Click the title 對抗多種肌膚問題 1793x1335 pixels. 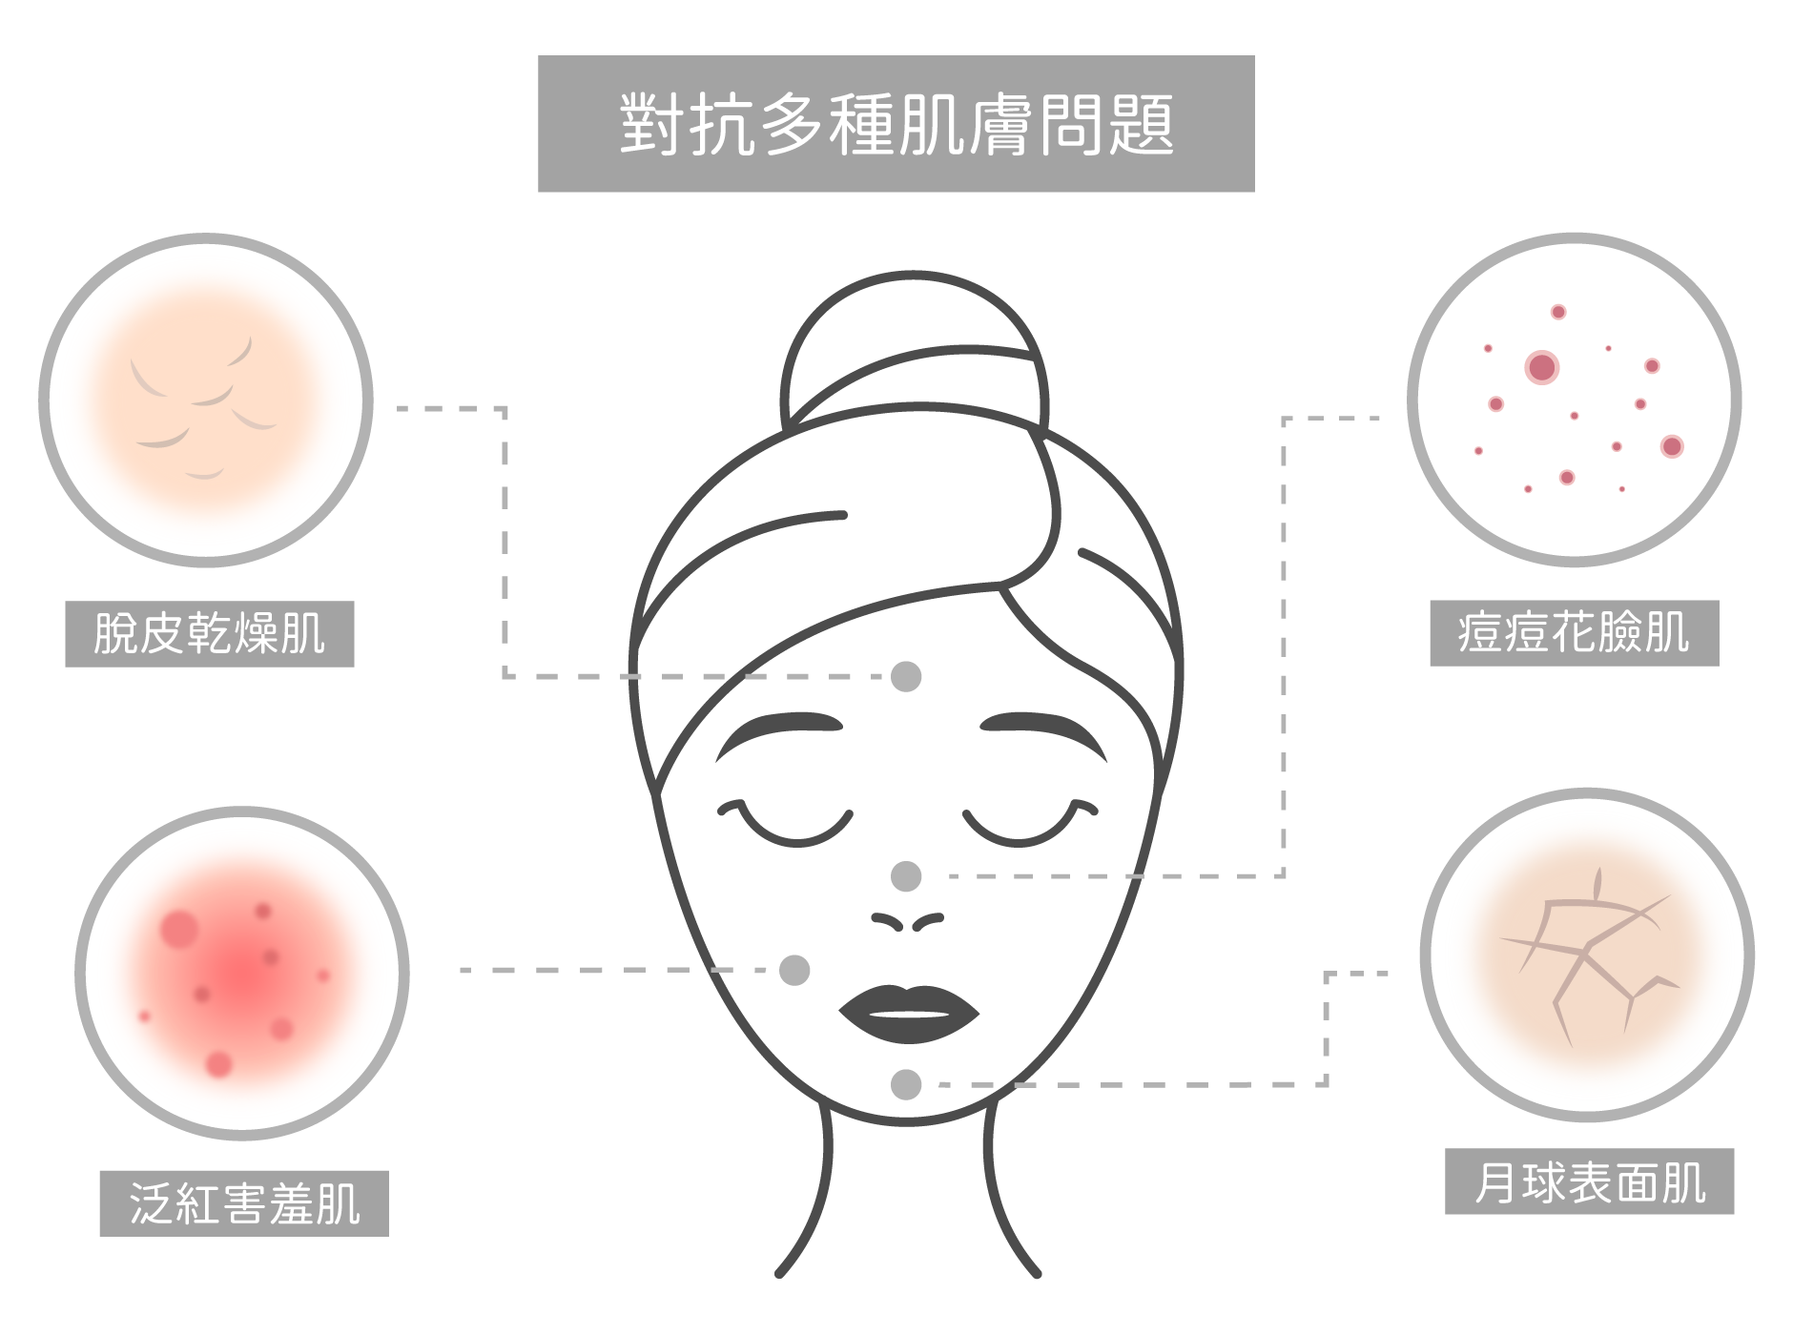click(896, 124)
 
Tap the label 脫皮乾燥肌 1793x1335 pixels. click(210, 633)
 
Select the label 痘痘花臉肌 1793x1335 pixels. click(1574, 633)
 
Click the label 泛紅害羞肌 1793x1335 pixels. click(245, 1203)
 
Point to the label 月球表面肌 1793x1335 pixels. click(1590, 1182)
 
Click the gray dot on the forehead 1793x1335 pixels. click(906, 676)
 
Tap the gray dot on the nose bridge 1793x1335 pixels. click(906, 875)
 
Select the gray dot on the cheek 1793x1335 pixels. click(794, 970)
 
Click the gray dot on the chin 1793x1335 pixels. click(906, 1084)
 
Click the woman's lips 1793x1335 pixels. click(909, 1014)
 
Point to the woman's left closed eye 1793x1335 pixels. click(786, 824)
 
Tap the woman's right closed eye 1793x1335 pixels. click(1030, 824)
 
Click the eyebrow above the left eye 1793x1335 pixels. click(778, 732)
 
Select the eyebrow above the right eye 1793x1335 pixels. click(1043, 732)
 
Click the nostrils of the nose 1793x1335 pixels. click(907, 921)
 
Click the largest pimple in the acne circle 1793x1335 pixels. click(1541, 367)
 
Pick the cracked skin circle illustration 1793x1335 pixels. click(1587, 955)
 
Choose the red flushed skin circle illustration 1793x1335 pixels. click(242, 974)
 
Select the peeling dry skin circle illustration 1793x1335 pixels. click(206, 400)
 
